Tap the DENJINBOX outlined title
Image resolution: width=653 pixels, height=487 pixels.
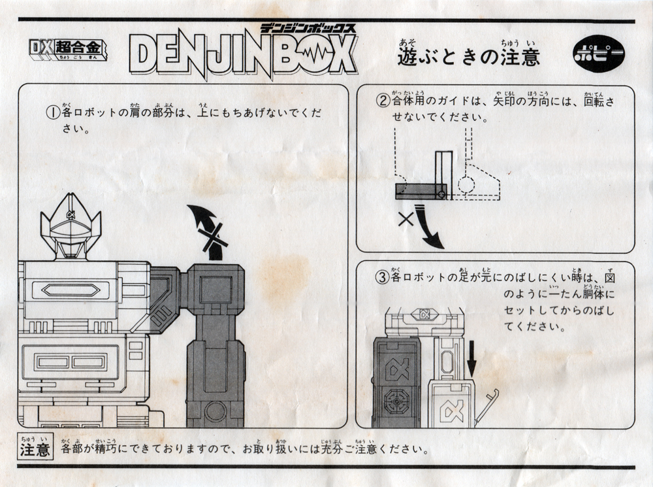tap(243, 56)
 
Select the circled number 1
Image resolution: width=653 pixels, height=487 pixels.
tap(52, 112)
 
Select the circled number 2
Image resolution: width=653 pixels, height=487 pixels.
tap(382, 101)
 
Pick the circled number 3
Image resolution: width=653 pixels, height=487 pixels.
tap(382, 277)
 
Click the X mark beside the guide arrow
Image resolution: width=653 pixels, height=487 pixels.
tap(406, 219)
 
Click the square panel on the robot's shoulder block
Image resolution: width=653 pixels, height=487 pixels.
tap(215, 288)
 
